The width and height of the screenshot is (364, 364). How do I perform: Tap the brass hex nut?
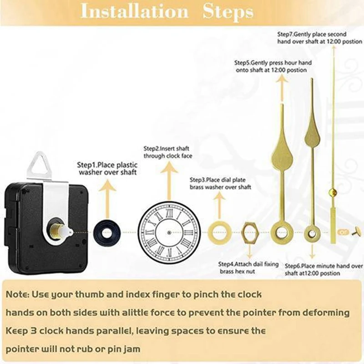coord(249,232)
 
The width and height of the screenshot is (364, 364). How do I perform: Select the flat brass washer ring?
coord(219,232)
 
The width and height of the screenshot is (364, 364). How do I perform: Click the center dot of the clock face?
coord(169,232)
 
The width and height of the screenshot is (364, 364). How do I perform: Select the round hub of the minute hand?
coord(312,233)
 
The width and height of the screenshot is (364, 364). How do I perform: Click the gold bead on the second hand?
coord(333,192)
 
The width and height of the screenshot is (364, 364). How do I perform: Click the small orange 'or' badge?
coord(344,232)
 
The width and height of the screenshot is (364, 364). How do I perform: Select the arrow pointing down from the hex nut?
coord(249,251)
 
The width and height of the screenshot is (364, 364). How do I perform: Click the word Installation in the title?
coord(134,11)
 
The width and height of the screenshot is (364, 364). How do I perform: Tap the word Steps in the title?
coord(228,12)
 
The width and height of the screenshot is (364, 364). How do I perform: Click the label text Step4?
coord(227,264)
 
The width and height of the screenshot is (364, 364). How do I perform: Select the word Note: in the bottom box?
coord(17,294)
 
